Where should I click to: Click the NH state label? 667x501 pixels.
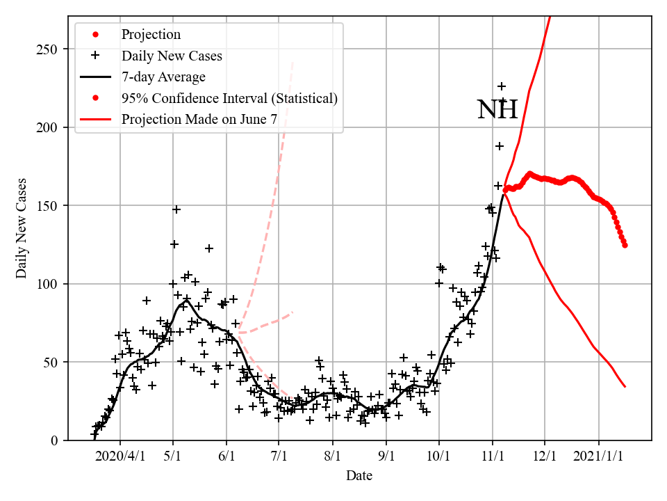[x=497, y=110]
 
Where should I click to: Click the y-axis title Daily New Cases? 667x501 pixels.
[x=22, y=228]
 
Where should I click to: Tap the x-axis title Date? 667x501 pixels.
[x=359, y=476]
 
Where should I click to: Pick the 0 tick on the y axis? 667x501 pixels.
[x=54, y=440]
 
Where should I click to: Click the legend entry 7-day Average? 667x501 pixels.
[x=163, y=77]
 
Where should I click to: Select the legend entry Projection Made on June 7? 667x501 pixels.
[x=199, y=119]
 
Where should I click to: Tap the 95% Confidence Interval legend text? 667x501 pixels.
[x=229, y=98]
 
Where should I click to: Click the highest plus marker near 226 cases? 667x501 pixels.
[x=502, y=86]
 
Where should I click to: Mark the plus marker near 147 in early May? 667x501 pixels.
[x=176, y=209]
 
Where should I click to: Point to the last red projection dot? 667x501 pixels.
[x=625, y=245]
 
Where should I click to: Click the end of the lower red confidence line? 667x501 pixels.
[x=625, y=386]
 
